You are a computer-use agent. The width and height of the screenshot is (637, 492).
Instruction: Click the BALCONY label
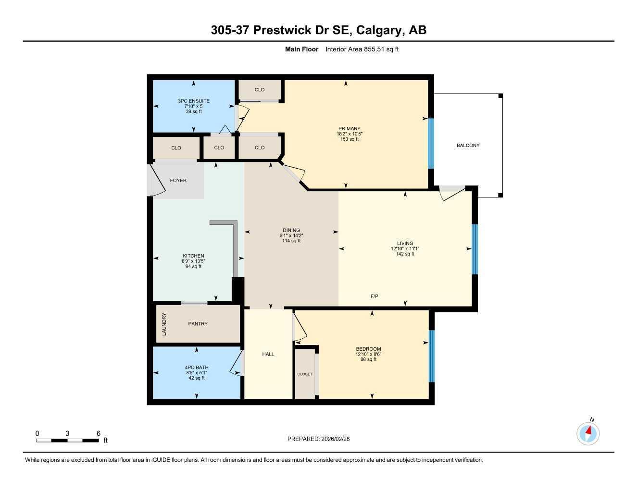pyautogui.click(x=468, y=145)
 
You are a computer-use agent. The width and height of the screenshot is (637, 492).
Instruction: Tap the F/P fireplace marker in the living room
pyautogui.click(x=374, y=296)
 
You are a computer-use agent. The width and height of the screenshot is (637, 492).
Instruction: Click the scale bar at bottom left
pyautogui.click(x=67, y=440)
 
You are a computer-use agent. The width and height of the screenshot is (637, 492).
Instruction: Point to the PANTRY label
pyautogui.click(x=198, y=324)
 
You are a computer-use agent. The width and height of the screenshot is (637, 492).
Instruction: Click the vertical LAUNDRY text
pyautogui.click(x=164, y=324)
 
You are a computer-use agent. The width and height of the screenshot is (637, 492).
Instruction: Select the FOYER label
pyautogui.click(x=178, y=181)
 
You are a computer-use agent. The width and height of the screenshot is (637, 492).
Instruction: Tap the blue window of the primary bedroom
pyautogui.click(x=431, y=143)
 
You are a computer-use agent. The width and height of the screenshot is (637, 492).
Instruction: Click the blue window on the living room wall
pyautogui.click(x=475, y=249)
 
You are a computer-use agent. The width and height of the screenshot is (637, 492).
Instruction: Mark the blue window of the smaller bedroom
pyautogui.click(x=431, y=356)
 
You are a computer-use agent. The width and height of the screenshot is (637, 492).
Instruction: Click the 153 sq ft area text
pyautogui.click(x=350, y=139)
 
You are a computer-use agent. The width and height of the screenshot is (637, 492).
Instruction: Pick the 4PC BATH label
pyautogui.click(x=196, y=368)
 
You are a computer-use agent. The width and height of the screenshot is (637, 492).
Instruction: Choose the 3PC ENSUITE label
pyautogui.click(x=193, y=101)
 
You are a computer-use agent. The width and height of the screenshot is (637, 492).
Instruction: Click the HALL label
pyautogui.click(x=268, y=354)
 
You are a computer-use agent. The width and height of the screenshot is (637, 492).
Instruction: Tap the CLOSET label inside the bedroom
pyautogui.click(x=305, y=374)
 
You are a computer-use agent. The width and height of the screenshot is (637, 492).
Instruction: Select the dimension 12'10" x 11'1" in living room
pyautogui.click(x=405, y=249)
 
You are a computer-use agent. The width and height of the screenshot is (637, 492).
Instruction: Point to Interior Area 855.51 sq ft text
pyautogui.click(x=362, y=49)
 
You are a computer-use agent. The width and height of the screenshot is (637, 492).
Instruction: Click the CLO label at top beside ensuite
pyautogui.click(x=260, y=90)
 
